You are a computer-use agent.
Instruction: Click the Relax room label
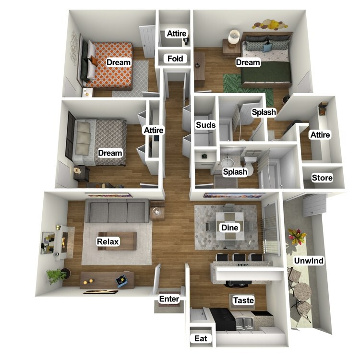(x=108, y=241)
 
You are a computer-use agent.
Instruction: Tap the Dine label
(x=229, y=228)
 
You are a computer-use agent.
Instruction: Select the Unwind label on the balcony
(x=309, y=261)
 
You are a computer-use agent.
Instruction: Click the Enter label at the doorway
(x=169, y=299)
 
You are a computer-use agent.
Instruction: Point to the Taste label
(x=243, y=300)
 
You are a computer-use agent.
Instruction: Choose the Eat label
(x=201, y=338)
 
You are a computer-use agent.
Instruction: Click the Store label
(x=322, y=178)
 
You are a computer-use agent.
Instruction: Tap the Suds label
(x=205, y=125)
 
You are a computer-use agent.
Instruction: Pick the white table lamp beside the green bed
(x=235, y=36)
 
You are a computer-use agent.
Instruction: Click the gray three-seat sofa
(x=116, y=211)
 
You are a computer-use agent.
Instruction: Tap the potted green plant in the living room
(x=57, y=276)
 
